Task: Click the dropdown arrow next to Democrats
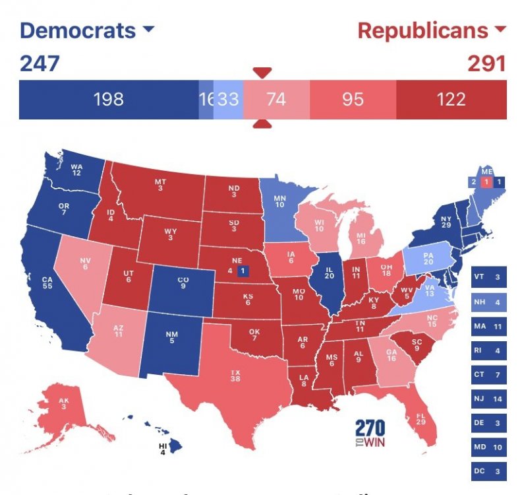click(x=148, y=30)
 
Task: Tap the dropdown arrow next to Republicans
click(x=499, y=30)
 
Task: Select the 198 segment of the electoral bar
click(x=109, y=100)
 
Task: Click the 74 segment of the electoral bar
click(x=276, y=100)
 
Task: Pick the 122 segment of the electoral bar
click(x=451, y=100)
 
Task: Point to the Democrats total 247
click(x=40, y=63)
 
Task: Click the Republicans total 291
click(x=486, y=63)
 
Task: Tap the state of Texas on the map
click(x=234, y=379)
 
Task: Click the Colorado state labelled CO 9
click(x=183, y=284)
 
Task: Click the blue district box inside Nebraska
click(x=243, y=271)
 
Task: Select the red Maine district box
click(x=486, y=181)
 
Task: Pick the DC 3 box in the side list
click(x=489, y=473)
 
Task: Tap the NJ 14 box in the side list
click(x=489, y=399)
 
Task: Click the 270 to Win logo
click(x=370, y=433)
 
